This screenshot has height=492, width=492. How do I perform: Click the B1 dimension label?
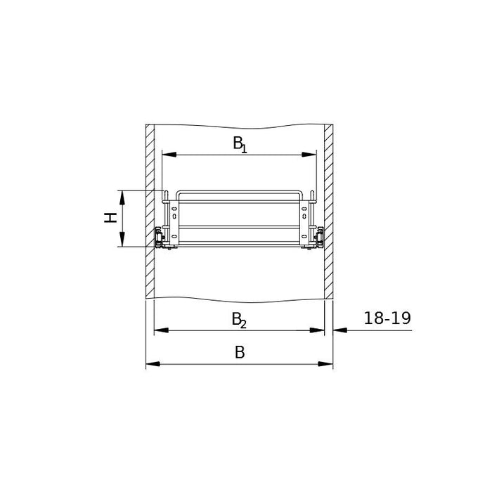click(x=240, y=144)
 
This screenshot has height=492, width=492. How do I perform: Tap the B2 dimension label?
click(x=239, y=320)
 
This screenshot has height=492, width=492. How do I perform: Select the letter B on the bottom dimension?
click(x=240, y=352)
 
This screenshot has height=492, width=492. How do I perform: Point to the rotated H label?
click(x=110, y=217)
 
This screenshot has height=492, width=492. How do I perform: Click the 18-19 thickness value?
click(x=387, y=318)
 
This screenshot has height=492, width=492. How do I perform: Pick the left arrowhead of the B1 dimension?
click(x=169, y=155)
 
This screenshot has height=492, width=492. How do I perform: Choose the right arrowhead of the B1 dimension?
click(x=309, y=155)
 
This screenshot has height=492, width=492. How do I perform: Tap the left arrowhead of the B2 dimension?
click(x=161, y=330)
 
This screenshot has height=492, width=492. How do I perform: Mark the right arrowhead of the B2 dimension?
click(x=317, y=330)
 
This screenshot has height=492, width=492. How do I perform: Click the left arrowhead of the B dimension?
click(x=153, y=364)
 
